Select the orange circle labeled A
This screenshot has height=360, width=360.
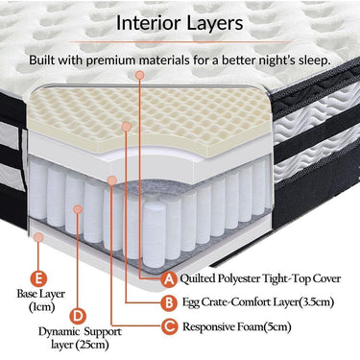(x=170, y=279)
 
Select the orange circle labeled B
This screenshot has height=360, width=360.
(x=170, y=303)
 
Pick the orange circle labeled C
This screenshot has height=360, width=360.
(x=170, y=326)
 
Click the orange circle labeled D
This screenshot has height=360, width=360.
(x=79, y=314)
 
